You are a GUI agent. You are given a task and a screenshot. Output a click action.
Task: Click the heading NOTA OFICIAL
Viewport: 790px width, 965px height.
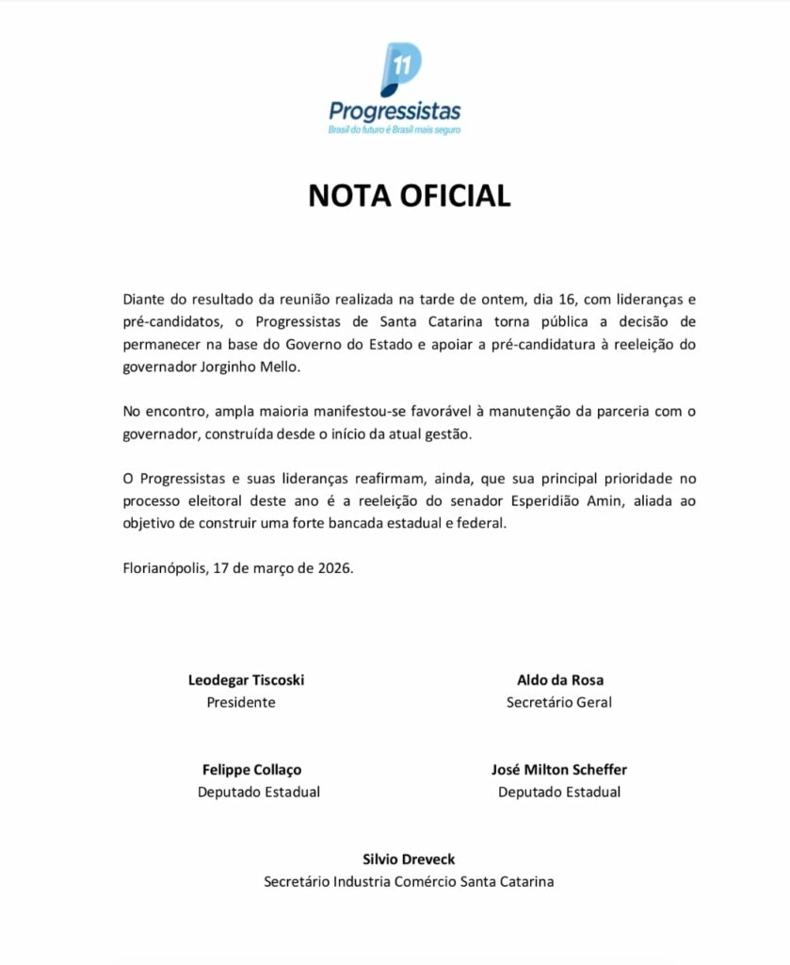pyautogui.click(x=410, y=195)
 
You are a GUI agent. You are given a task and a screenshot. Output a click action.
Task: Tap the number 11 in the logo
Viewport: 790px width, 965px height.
pyautogui.click(x=402, y=66)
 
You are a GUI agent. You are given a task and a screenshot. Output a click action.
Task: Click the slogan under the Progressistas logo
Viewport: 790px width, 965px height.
pyautogui.click(x=395, y=129)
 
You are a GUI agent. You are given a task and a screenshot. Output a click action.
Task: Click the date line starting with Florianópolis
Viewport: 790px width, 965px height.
pyautogui.click(x=238, y=568)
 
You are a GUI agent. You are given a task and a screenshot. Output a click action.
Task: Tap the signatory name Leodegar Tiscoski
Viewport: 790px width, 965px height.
pyautogui.click(x=246, y=679)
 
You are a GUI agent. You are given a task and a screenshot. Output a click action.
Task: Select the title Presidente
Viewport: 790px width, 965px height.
pyautogui.click(x=241, y=701)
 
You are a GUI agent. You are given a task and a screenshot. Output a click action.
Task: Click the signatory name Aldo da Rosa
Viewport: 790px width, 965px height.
pyautogui.click(x=560, y=679)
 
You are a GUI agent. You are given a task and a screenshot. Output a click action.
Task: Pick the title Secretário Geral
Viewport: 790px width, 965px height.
pyautogui.click(x=559, y=701)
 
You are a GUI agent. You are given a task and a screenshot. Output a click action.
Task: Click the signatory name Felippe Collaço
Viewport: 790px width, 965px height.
pyautogui.click(x=251, y=769)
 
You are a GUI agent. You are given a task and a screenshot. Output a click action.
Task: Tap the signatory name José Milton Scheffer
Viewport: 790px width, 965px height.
pyautogui.click(x=559, y=769)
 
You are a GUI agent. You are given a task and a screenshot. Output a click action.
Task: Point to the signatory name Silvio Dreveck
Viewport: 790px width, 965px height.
pyautogui.click(x=409, y=859)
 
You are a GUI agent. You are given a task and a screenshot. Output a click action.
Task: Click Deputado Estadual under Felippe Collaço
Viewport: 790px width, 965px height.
pyautogui.click(x=259, y=792)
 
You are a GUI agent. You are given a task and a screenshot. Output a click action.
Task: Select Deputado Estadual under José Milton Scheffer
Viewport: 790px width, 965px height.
pyautogui.click(x=559, y=792)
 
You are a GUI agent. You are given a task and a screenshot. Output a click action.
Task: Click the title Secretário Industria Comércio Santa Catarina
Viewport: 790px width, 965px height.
pyautogui.click(x=409, y=881)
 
